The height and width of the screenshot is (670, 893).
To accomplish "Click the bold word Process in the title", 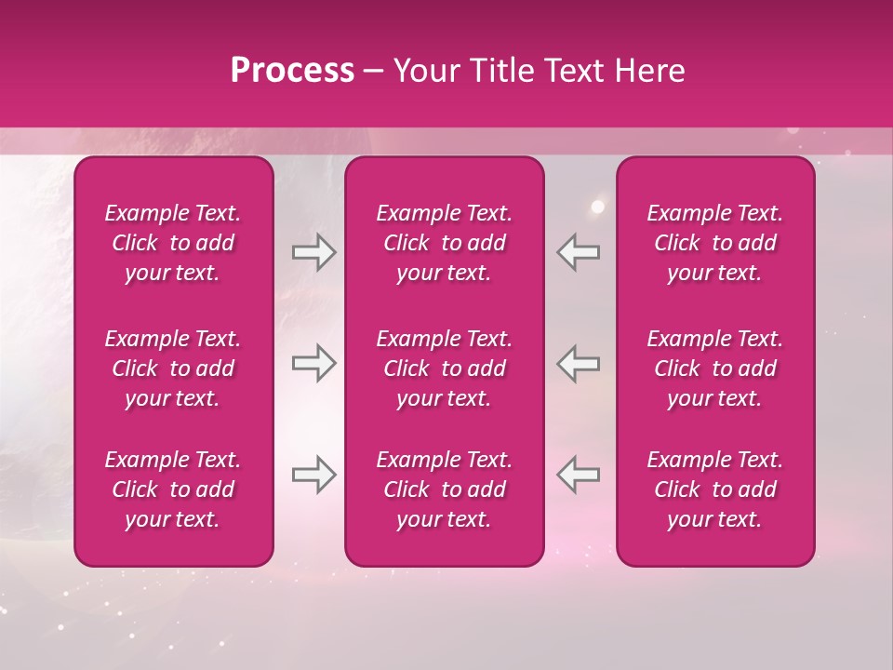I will (292, 70).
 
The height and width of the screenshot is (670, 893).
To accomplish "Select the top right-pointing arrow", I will (313, 252).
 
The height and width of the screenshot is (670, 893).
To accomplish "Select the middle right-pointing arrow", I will (313, 363).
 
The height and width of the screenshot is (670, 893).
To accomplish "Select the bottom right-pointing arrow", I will (313, 475).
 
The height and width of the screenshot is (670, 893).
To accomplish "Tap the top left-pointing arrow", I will (578, 252).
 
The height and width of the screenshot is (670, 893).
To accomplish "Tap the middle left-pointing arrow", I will (578, 363).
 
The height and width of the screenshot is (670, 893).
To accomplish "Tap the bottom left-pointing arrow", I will (578, 475).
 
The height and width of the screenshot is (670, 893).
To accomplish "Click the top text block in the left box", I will (173, 243).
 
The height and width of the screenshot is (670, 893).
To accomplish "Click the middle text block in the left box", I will (173, 368).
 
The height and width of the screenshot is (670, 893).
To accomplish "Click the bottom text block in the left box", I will (173, 489).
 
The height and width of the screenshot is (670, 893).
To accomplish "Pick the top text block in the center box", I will (444, 243).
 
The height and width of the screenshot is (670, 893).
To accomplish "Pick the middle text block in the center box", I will (444, 368).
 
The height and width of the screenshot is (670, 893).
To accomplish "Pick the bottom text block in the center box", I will (444, 489).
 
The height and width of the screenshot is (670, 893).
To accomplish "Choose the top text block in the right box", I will (714, 243).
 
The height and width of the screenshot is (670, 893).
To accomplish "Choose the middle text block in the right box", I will (714, 368).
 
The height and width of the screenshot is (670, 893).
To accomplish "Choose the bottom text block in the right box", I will (714, 489).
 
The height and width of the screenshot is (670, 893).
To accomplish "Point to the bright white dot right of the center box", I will (598, 207).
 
